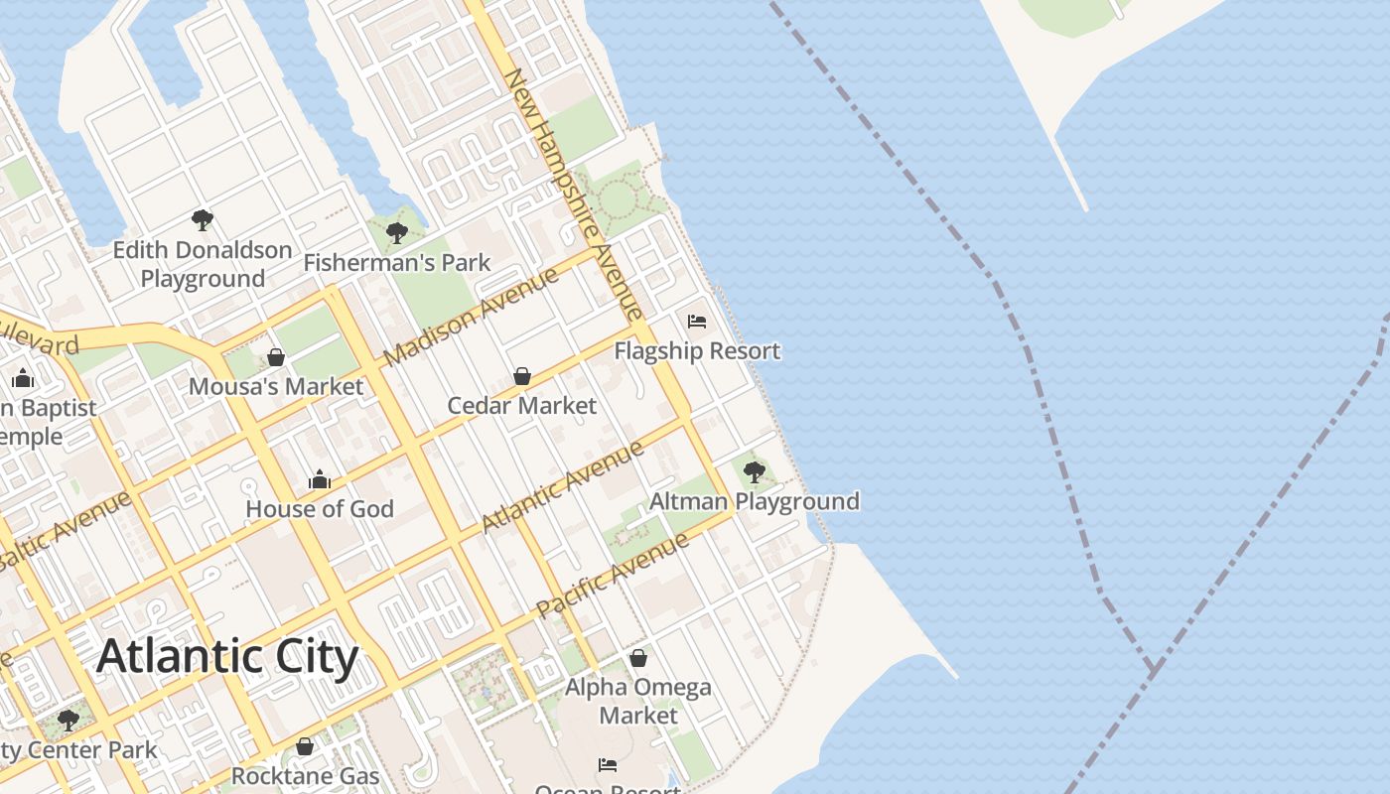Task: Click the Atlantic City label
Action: pos(227,657)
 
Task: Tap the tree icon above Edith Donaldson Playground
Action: pos(203,219)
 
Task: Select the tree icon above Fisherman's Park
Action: pos(397,233)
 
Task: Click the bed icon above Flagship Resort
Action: pos(697,322)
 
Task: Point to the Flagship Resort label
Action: pos(697,351)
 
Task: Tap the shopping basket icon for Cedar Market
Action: pos(522,376)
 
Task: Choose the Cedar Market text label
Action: pos(522,406)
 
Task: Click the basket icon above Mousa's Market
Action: pos(276,357)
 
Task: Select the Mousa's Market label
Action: pos(276,387)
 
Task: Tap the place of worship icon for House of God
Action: pos(320,479)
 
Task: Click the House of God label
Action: pos(320,509)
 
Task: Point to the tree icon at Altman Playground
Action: pos(755,471)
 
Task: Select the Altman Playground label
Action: pos(755,501)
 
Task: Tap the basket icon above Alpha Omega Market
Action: pos(638,658)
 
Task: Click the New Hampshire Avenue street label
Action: pos(574,194)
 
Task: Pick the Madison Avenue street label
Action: pos(471,317)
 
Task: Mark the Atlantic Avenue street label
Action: pos(563,486)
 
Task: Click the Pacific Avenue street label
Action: pos(613,576)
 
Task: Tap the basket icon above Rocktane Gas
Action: pos(305,746)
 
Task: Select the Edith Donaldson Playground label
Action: pos(203,264)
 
